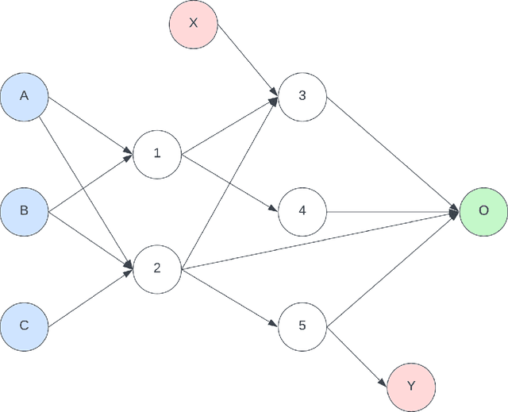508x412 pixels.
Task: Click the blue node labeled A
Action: pyautogui.click(x=24, y=96)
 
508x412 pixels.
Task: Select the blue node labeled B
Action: pyautogui.click(x=24, y=210)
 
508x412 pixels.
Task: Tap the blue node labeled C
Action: pyautogui.click(x=24, y=325)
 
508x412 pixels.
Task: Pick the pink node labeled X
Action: pyautogui.click(x=193, y=23)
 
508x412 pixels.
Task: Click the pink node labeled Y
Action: pyautogui.click(x=411, y=386)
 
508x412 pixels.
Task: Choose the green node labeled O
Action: pyautogui.click(x=483, y=211)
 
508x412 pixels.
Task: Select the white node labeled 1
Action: pyautogui.click(x=156, y=153)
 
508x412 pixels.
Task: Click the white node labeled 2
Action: pyautogui.click(x=156, y=268)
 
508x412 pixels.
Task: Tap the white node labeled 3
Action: pyautogui.click(x=302, y=96)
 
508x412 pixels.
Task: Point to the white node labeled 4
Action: pyautogui.click(x=302, y=211)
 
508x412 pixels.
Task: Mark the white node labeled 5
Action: pyautogui.click(x=302, y=325)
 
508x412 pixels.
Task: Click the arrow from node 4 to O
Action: pyautogui.click(x=393, y=212)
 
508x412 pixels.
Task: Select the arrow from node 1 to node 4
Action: pyautogui.click(x=229, y=183)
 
